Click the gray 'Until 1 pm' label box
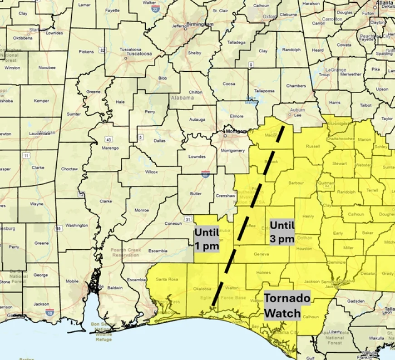pyautogui.click(x=207, y=239)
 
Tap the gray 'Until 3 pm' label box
pyautogui.click(x=282, y=232)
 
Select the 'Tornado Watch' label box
pyautogui.click(x=287, y=306)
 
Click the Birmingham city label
pyautogui.click(x=200, y=24)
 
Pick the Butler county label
pyautogui.click(x=196, y=193)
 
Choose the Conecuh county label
pyautogui.click(x=173, y=223)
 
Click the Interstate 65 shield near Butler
pyautogui.click(x=205, y=174)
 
